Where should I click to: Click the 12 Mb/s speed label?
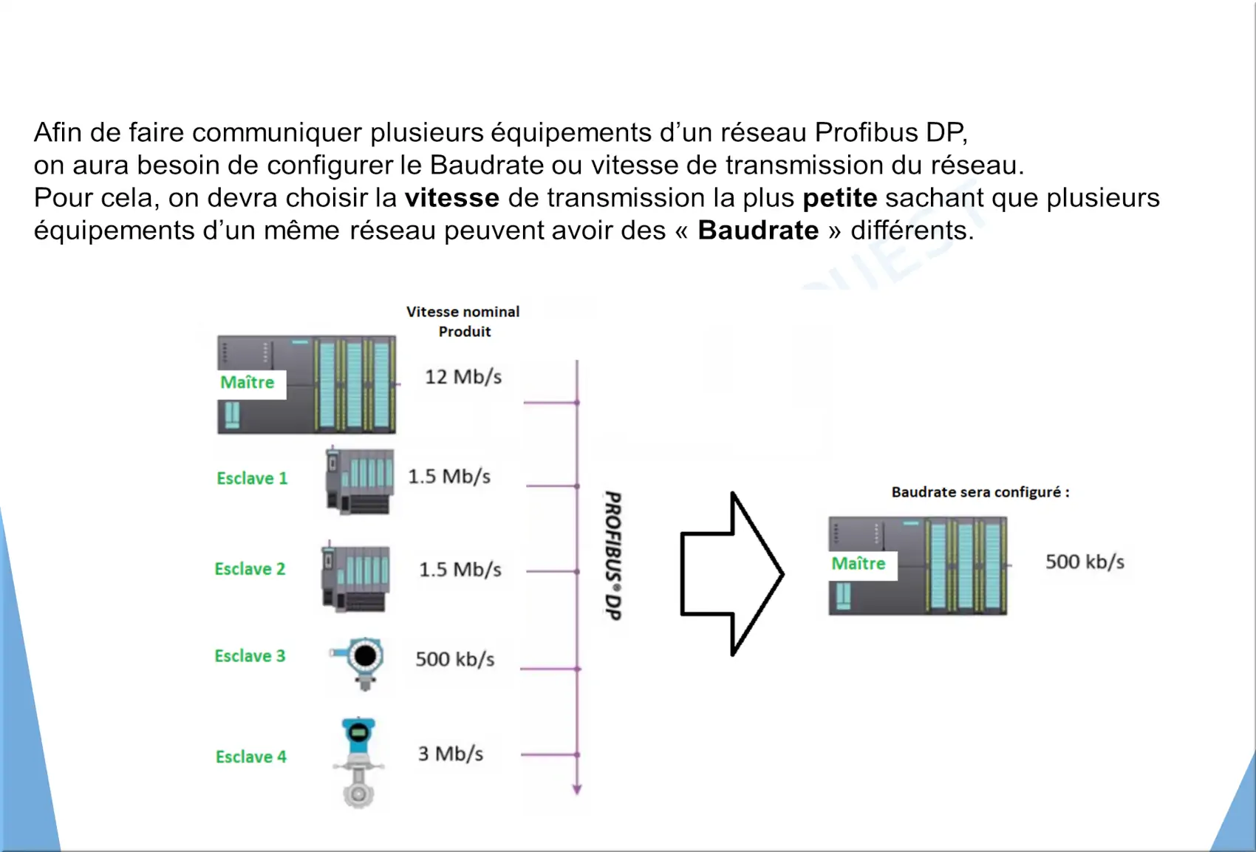[463, 377]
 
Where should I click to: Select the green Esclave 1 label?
[252, 478]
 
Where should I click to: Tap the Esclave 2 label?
[250, 569]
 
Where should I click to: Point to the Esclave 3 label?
[250, 655]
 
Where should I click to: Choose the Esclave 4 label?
[251, 757]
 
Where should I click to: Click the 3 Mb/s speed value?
[451, 754]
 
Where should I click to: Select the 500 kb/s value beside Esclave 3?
[454, 659]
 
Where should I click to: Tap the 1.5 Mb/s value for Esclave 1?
[449, 477]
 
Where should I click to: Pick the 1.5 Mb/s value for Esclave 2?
[460, 570]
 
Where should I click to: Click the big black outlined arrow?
[732, 574]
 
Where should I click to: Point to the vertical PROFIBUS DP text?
[613, 556]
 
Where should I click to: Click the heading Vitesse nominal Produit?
[463, 321]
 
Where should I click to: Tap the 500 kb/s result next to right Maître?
[1085, 562]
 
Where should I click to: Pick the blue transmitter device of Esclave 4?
[358, 763]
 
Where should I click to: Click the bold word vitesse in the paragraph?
[452, 198]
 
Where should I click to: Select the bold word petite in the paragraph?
[840, 198]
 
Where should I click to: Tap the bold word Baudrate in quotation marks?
[758, 231]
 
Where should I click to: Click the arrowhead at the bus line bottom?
[577, 790]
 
